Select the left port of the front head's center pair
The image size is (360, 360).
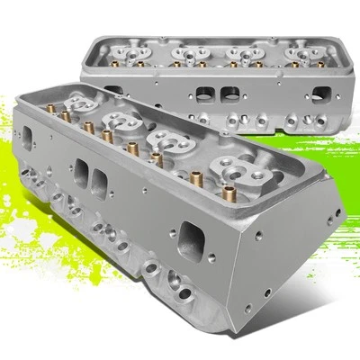pos(84,171)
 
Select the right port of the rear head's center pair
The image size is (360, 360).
pos(230,94)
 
